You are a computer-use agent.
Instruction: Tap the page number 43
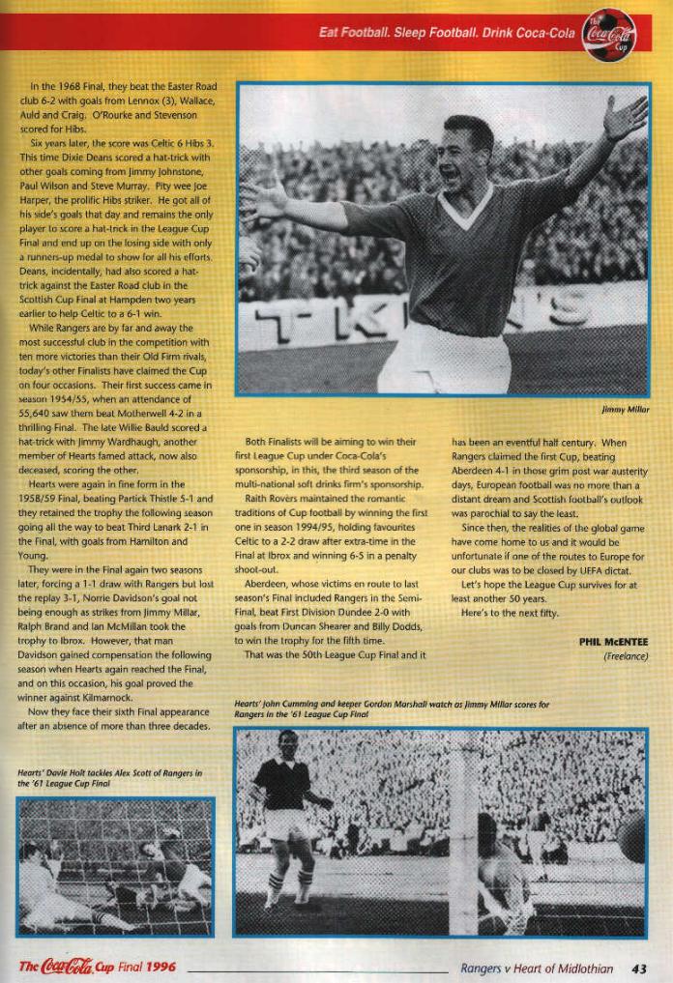pyautogui.click(x=639, y=968)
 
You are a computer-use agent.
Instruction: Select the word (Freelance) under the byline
pyautogui.click(x=625, y=657)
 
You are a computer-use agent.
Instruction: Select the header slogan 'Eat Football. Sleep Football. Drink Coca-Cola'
pyautogui.click(x=447, y=33)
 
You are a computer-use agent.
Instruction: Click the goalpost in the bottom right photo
pyautogui.click(x=464, y=831)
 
